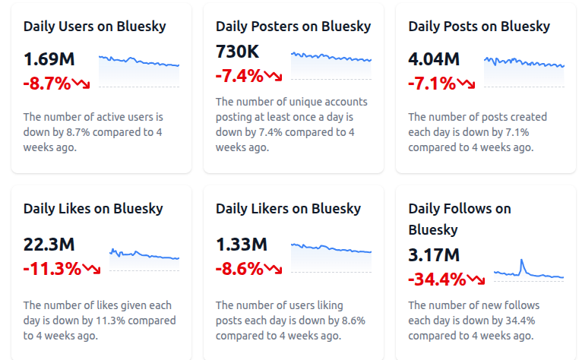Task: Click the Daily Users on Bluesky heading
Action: pos(94,27)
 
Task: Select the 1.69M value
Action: pos(50,59)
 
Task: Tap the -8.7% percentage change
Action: pos(47,82)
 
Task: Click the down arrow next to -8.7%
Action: pos(81,83)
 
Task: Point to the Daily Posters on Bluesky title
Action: pos(293,27)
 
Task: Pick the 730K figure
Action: pos(237,52)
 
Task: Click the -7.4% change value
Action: pos(239,75)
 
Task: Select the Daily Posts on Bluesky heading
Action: pos(479,27)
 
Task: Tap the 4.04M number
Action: pos(434,59)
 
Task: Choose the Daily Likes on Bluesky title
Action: pos(93,209)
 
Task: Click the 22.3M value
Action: pos(49,245)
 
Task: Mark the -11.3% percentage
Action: pos(52,268)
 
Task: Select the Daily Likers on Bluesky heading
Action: pos(288,209)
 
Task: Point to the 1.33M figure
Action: pos(242,245)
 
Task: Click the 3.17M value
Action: pos(434,255)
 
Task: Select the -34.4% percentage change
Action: pos(437,279)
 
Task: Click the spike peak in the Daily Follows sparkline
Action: pos(522,261)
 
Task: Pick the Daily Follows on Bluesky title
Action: pos(459,219)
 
